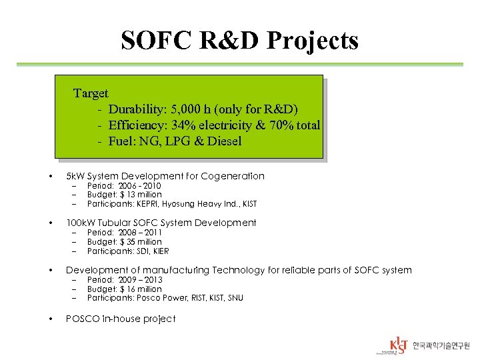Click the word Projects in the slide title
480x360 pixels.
[x=313, y=41]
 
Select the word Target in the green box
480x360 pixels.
[x=91, y=93]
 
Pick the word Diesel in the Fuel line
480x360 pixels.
[x=224, y=141]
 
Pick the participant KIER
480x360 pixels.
[x=160, y=251]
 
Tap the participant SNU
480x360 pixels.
[x=234, y=298]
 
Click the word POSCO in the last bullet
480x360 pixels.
[x=81, y=319]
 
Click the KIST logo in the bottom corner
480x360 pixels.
[x=399, y=345]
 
